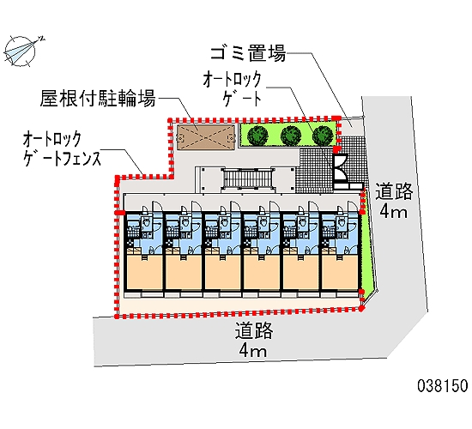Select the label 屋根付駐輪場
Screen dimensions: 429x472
pos(97,99)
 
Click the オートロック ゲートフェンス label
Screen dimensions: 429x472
pos(63,147)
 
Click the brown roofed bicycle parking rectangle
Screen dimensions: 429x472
pos(205,135)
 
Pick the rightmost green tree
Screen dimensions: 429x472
pos(322,135)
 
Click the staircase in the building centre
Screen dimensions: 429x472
pos(243,178)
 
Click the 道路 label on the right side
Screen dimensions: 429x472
pos(394,191)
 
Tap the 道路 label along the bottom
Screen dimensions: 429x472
pos(255,331)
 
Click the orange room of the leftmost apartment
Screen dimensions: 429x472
pos(143,274)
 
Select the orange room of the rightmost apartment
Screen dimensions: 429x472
pos(341,274)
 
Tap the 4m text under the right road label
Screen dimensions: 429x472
pos(394,212)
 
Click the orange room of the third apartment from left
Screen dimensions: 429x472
pos(222,274)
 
